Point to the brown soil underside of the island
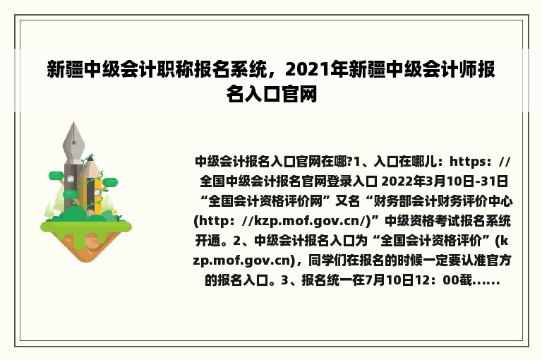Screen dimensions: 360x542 [86, 246]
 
